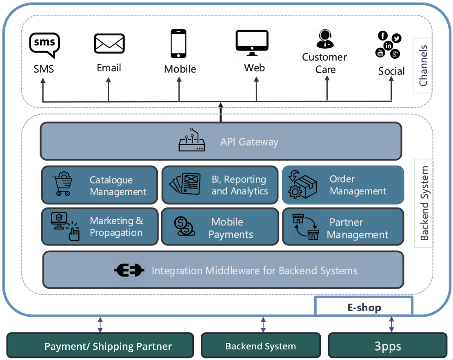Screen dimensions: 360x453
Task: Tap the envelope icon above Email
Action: click(109, 44)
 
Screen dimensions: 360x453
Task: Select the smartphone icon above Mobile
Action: click(178, 44)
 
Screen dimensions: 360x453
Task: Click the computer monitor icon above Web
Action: click(252, 42)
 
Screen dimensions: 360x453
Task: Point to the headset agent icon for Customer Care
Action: click(325, 39)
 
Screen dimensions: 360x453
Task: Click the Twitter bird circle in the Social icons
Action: click(396, 38)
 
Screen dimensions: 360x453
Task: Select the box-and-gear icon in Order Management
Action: click(303, 185)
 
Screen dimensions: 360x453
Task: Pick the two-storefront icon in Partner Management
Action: click(306, 227)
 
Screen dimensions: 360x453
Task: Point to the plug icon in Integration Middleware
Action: click(129, 270)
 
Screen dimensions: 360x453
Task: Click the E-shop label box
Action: click(364, 307)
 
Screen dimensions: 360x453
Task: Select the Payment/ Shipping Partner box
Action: click(100, 346)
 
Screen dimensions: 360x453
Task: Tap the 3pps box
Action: click(388, 346)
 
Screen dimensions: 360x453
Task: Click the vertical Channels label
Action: click(423, 65)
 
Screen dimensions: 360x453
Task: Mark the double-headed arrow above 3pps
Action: click(391, 324)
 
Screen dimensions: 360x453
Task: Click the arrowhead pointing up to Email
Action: click(108, 81)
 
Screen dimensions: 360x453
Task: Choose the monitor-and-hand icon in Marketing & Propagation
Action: click(65, 226)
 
